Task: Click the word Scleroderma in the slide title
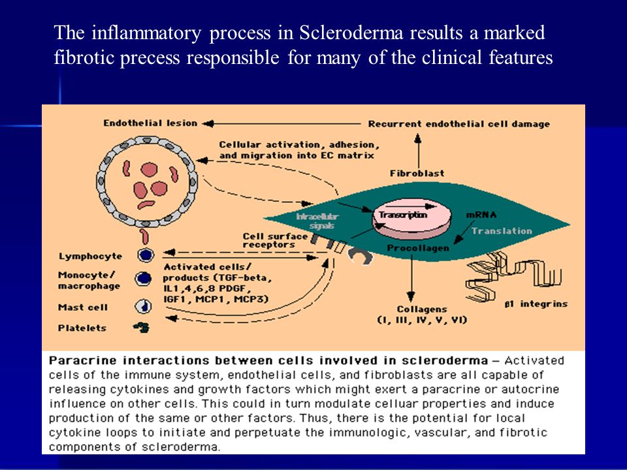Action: [x=351, y=33]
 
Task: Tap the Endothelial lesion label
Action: [x=150, y=123]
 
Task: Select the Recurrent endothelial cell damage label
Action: [x=458, y=124]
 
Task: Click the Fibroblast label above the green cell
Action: [x=417, y=174]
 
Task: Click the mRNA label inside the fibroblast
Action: [x=481, y=215]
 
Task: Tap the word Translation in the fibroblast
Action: [x=502, y=231]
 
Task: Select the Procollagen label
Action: [x=418, y=248]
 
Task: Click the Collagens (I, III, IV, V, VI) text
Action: [x=422, y=315]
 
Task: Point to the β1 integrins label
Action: [x=536, y=304]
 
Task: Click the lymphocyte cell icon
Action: [x=146, y=255]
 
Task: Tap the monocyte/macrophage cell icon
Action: [x=143, y=279]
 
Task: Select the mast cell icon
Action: [x=144, y=307]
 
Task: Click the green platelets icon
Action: [x=142, y=328]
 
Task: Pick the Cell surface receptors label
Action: [x=275, y=240]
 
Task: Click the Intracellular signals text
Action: [x=317, y=221]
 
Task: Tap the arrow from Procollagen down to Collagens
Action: [x=411, y=279]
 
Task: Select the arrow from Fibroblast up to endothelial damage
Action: [x=418, y=151]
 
